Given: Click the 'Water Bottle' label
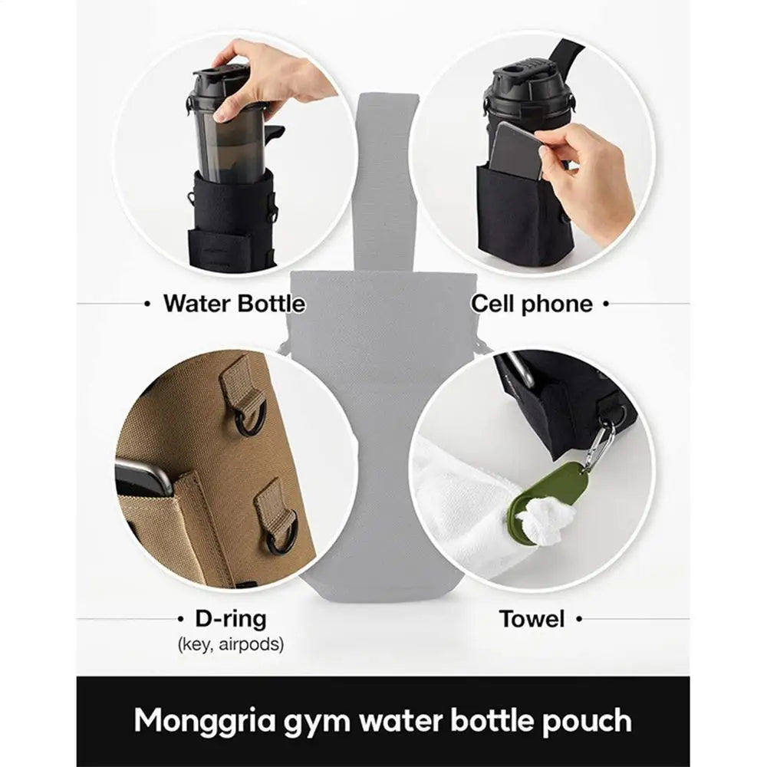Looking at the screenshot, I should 233,304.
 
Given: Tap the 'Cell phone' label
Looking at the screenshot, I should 532,304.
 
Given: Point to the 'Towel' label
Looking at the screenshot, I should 532,618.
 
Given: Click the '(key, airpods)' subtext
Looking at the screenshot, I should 230,644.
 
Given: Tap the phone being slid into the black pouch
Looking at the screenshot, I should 515,150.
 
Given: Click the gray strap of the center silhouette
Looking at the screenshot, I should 388,176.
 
